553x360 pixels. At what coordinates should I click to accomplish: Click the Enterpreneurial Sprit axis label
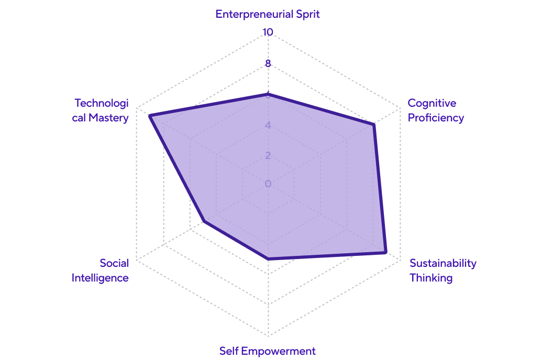(268, 14)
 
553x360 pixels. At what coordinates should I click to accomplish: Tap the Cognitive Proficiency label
(436, 110)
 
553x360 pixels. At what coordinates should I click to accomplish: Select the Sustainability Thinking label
(443, 270)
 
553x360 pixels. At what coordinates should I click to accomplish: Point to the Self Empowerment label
(268, 351)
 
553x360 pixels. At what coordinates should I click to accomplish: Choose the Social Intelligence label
(100, 270)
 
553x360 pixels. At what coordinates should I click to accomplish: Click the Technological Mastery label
(101, 110)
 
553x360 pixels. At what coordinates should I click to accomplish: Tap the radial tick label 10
(268, 32)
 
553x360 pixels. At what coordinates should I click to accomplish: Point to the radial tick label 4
(268, 126)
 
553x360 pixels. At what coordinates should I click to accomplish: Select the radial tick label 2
(268, 155)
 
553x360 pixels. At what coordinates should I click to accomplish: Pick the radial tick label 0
(268, 184)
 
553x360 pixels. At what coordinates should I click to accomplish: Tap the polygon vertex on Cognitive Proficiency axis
(374, 125)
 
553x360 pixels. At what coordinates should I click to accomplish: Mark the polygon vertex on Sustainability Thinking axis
(386, 252)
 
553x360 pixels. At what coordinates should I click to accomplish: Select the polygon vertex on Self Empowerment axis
(268, 258)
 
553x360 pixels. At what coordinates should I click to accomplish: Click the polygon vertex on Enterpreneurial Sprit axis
(268, 95)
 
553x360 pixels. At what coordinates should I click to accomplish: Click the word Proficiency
(436, 118)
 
